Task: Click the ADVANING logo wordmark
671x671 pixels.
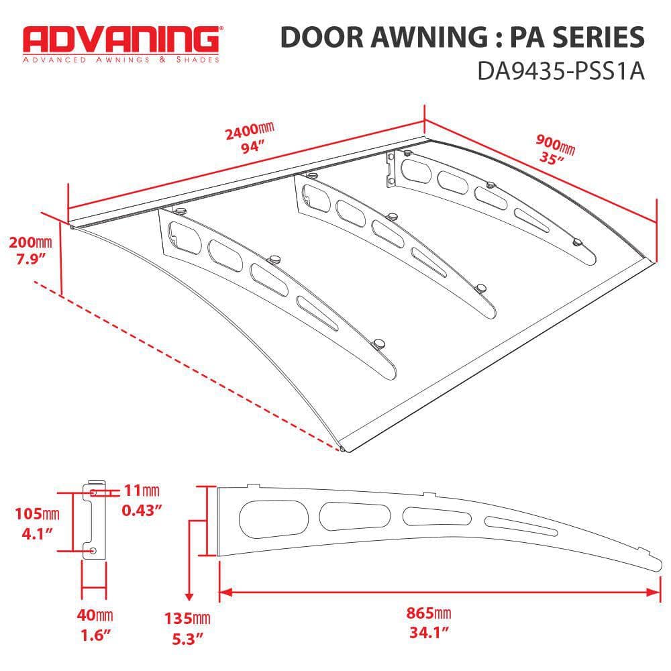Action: [120, 40]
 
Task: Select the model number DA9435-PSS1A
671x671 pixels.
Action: [560, 71]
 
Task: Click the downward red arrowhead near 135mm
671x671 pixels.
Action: [189, 597]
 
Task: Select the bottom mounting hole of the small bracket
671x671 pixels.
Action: [93, 550]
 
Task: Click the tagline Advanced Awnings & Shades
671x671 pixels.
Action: [121, 60]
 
